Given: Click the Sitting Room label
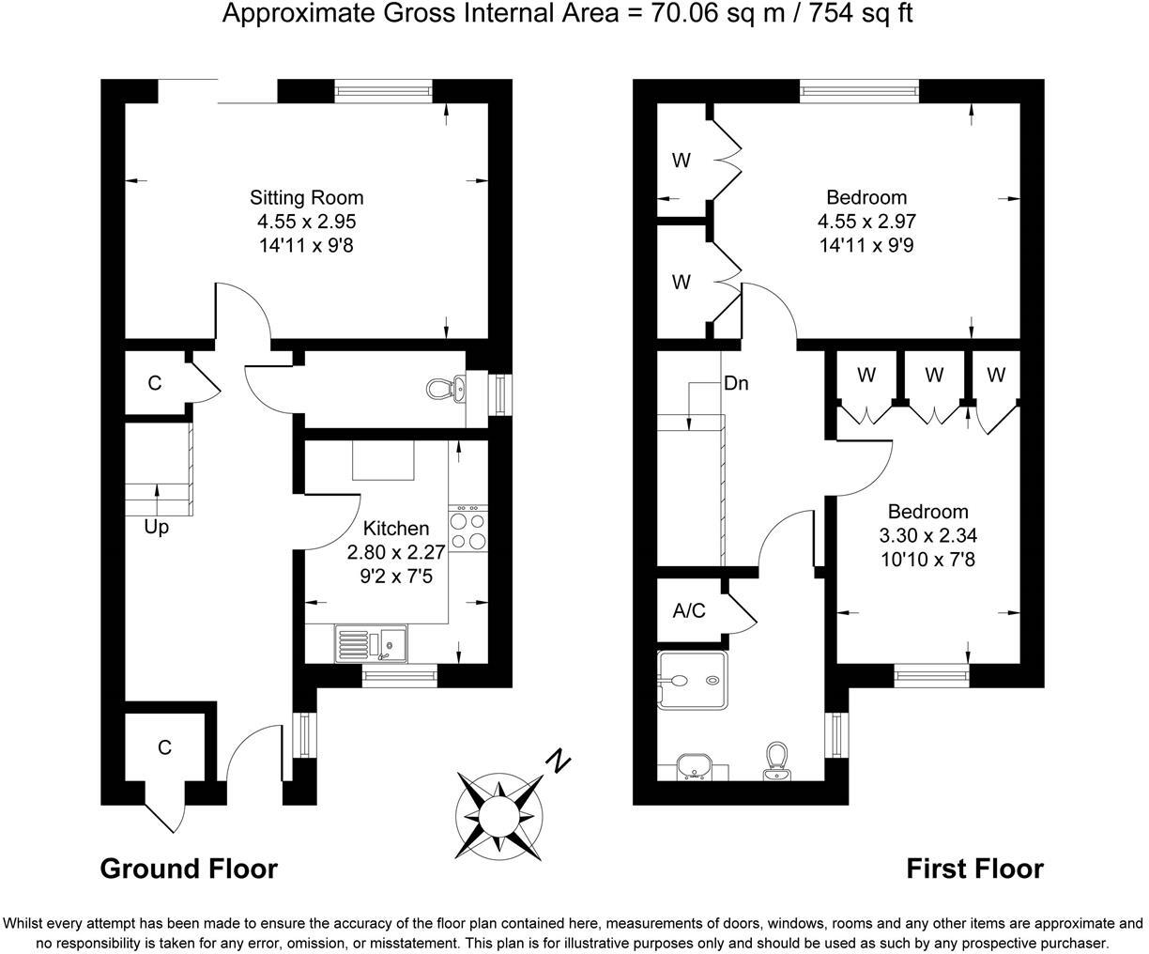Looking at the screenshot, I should click(x=306, y=198).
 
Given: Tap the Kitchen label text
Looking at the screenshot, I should click(x=396, y=529).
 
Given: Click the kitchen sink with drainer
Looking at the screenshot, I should click(x=370, y=645).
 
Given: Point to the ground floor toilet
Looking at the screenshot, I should click(x=441, y=389).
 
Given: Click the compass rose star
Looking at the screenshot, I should click(x=499, y=814).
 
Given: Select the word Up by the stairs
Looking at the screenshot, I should click(x=157, y=528).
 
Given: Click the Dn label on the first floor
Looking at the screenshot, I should click(x=736, y=383).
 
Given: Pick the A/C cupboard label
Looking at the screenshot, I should click(x=689, y=611).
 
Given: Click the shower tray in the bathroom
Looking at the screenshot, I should click(x=692, y=681).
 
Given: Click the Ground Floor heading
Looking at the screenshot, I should click(x=189, y=869).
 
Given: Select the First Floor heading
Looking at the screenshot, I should click(x=974, y=869).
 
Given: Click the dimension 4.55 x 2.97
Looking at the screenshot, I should click(x=866, y=222).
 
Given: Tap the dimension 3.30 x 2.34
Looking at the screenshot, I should click(x=928, y=536).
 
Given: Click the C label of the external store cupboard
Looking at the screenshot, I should click(x=165, y=747).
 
